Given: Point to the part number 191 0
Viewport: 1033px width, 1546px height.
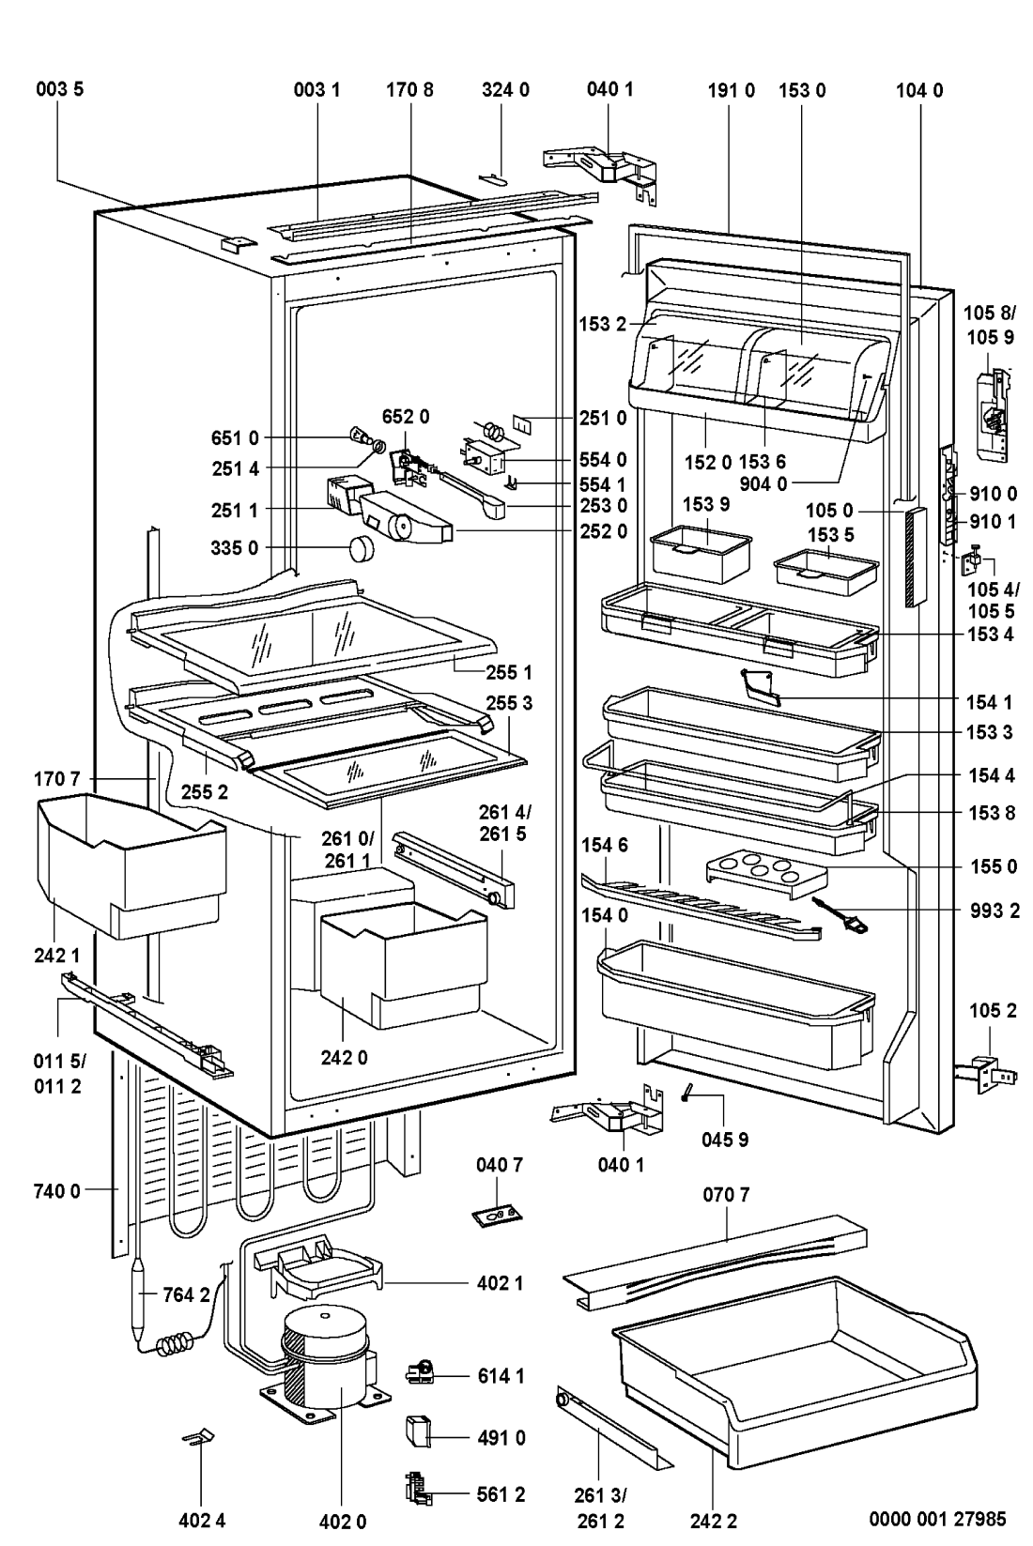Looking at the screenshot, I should pyautogui.click(x=731, y=90).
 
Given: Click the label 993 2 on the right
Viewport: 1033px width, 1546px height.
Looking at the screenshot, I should pyautogui.click(x=991, y=911).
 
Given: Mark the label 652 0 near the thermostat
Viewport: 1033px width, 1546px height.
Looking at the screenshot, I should pyautogui.click(x=406, y=416).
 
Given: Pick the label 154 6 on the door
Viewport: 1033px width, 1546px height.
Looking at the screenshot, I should pyautogui.click(x=604, y=845).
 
